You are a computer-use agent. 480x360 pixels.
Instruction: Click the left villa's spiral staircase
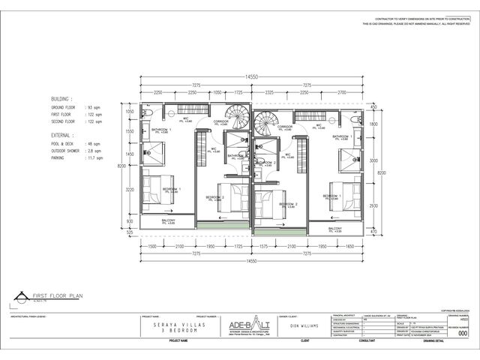pos(239,118)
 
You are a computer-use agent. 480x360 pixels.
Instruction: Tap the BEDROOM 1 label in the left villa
pos(172,190)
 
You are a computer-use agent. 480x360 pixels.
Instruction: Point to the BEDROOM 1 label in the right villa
pos(331,196)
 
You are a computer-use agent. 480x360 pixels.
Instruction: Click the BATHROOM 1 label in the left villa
pos(161,130)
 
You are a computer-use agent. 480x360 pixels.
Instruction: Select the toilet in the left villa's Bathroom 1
pos(150,113)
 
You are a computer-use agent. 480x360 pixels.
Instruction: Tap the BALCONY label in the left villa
pos(168,220)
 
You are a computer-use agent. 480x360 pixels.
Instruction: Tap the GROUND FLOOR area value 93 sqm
pos(94,108)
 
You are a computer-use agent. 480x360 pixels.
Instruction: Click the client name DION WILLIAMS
pos(304,326)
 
